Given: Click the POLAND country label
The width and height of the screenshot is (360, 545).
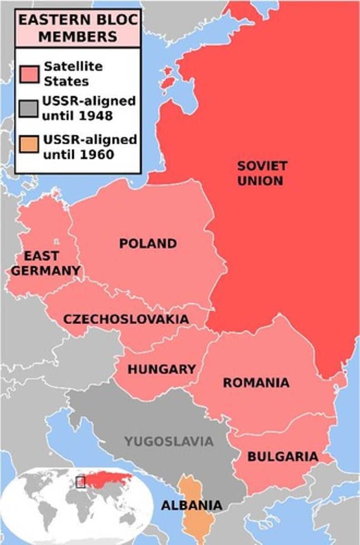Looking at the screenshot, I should (x=148, y=243).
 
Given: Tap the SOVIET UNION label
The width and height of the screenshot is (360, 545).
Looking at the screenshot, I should (x=262, y=173).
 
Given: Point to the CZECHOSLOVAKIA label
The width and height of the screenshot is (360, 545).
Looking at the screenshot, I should (x=126, y=319).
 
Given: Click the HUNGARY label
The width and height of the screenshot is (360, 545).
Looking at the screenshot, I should (x=161, y=369).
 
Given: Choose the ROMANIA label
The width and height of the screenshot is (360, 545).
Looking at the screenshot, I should (x=256, y=383).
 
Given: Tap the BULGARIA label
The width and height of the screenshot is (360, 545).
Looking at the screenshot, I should (x=282, y=456).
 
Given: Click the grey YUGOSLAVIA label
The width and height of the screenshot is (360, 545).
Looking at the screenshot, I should (x=169, y=441).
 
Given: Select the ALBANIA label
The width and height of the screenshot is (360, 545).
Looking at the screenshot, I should (x=192, y=505).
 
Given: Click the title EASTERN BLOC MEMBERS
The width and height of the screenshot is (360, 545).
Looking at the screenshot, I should (x=77, y=28).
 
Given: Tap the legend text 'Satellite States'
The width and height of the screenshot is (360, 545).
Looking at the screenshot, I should (x=73, y=74).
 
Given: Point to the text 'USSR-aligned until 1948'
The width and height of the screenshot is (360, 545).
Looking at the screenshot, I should (x=89, y=108).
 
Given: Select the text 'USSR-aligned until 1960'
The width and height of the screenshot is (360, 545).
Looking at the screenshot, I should (x=90, y=147).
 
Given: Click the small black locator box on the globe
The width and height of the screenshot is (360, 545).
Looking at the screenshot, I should (x=80, y=482).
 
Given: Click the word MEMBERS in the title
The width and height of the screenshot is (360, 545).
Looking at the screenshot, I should (x=77, y=36).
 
